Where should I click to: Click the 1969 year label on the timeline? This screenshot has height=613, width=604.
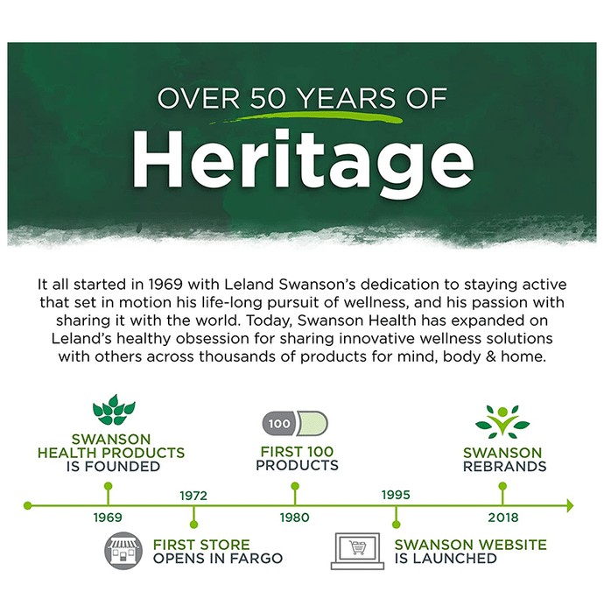(x=108, y=518)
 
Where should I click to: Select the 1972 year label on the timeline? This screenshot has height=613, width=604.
(x=193, y=496)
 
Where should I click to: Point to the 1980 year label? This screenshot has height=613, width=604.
(x=295, y=518)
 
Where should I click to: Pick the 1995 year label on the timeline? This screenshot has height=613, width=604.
(x=396, y=495)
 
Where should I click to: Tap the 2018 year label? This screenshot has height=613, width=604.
(x=503, y=518)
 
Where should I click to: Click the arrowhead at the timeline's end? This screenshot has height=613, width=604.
(x=570, y=506)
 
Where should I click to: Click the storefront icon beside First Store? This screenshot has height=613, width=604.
(x=123, y=551)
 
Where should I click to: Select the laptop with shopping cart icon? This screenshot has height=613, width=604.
(x=357, y=551)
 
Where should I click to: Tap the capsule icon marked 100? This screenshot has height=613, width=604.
(x=295, y=423)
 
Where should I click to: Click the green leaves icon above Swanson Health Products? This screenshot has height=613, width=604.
(x=114, y=410)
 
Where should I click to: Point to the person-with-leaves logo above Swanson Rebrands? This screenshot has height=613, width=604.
(x=502, y=422)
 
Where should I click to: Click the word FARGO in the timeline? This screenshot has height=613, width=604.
(x=256, y=559)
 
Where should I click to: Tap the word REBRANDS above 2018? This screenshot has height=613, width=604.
(x=504, y=467)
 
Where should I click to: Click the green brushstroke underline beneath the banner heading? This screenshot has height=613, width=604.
(x=306, y=117)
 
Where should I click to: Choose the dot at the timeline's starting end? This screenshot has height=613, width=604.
(x=27, y=506)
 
